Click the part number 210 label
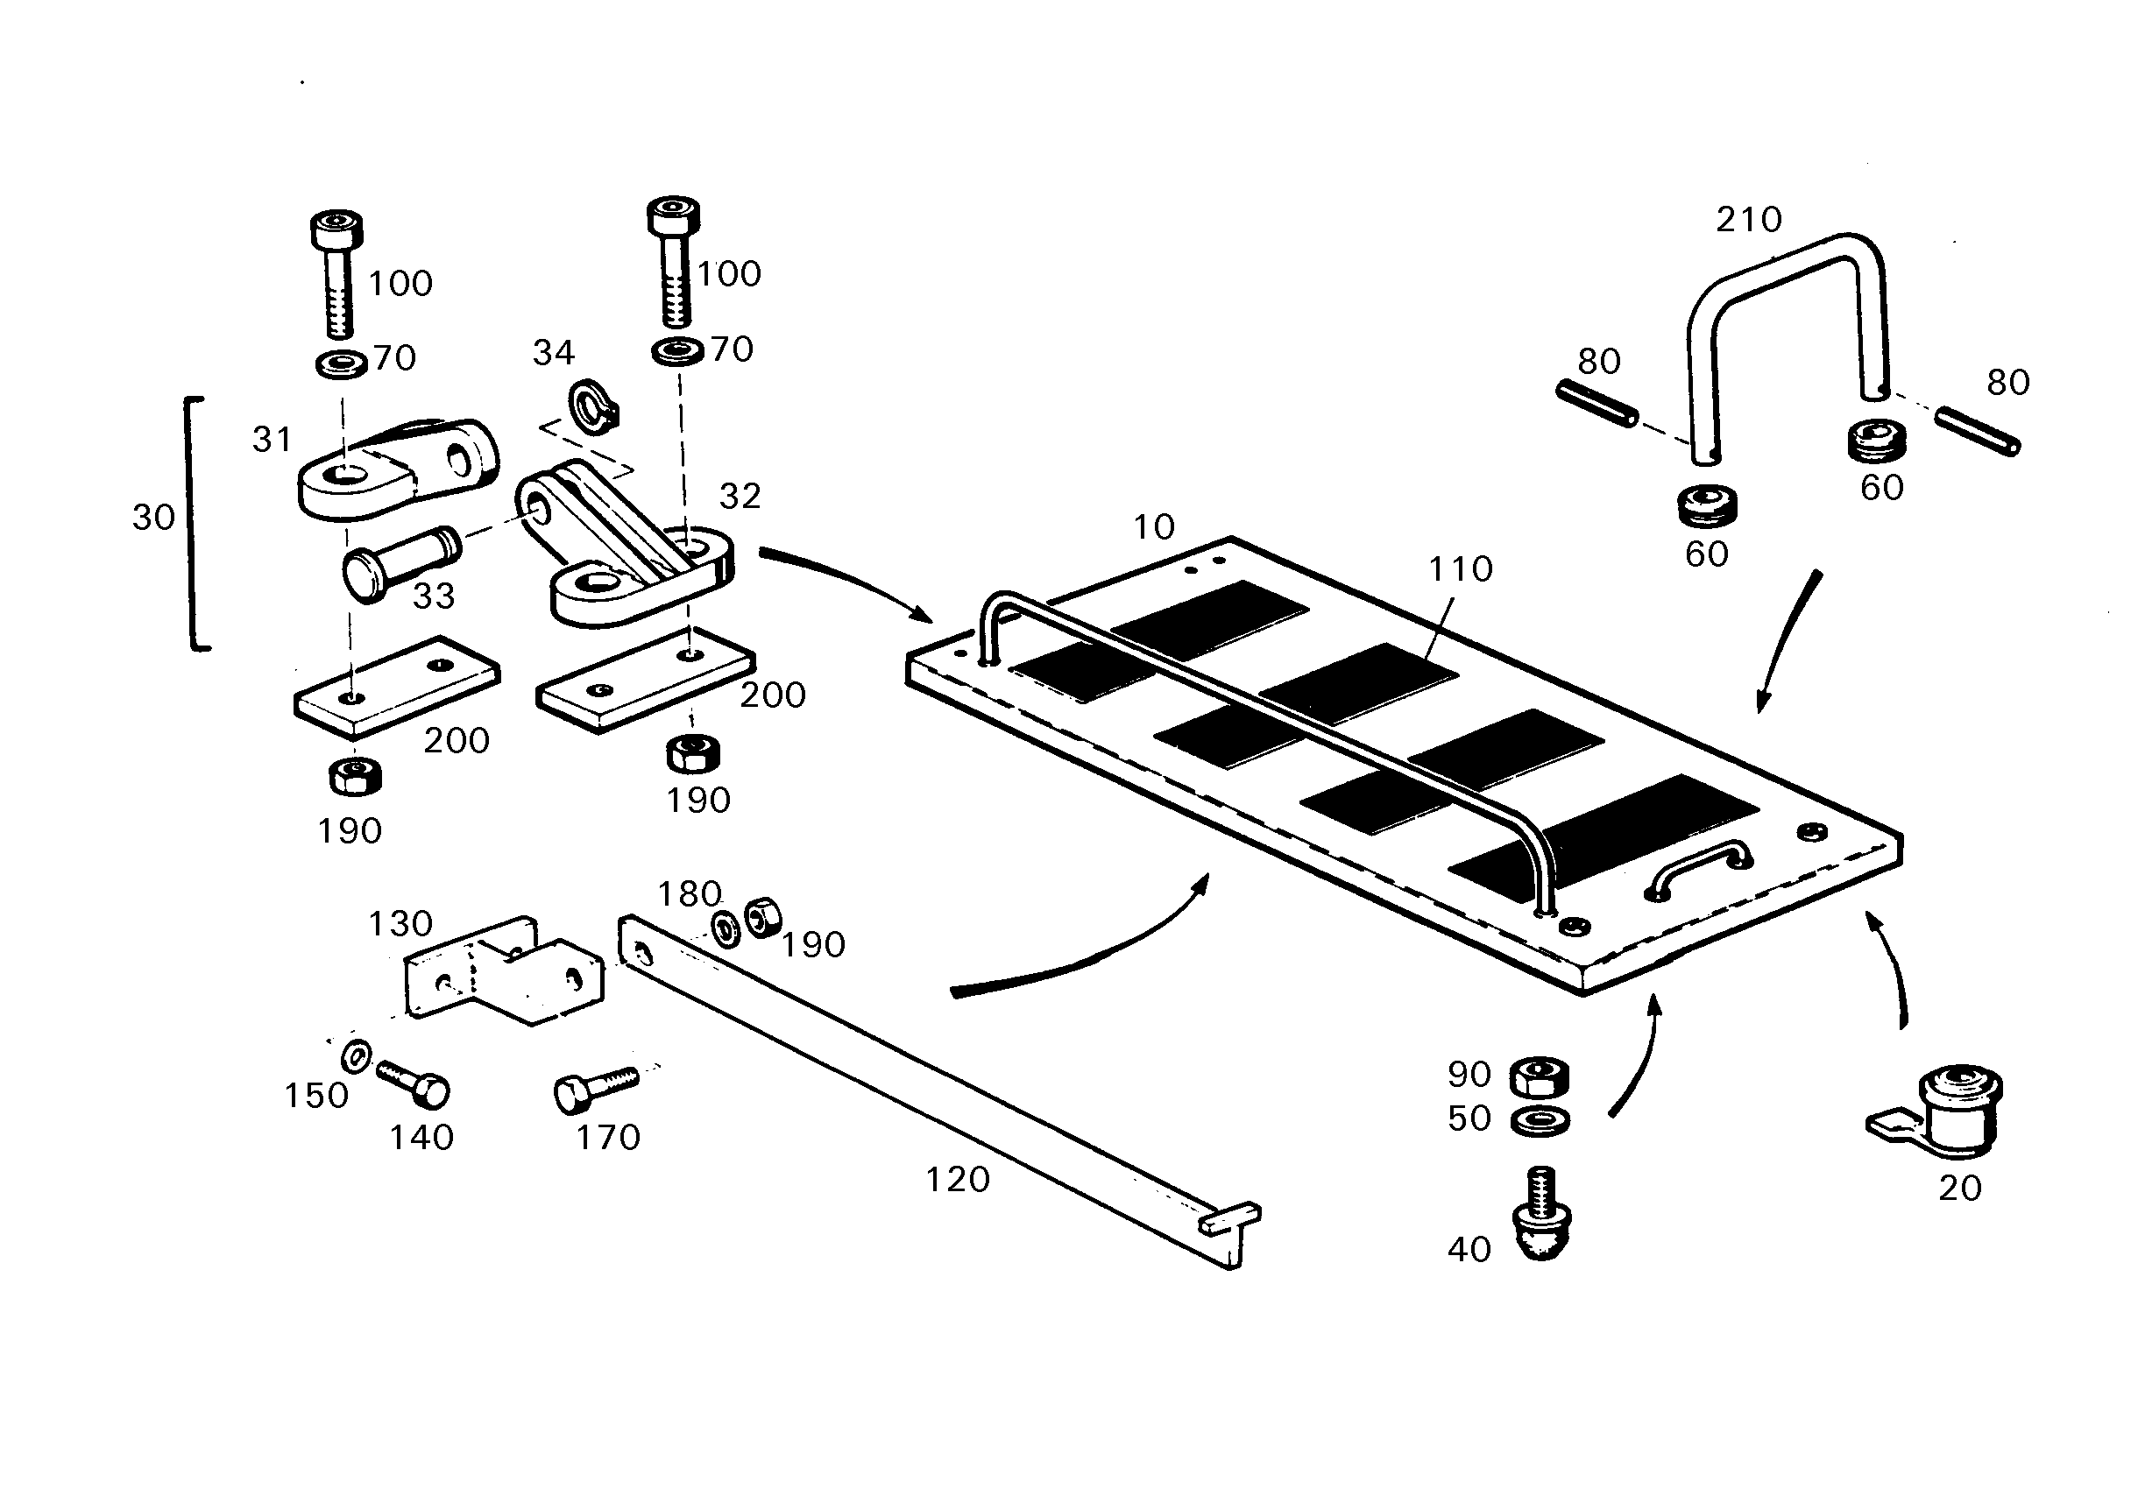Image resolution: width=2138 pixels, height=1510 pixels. [x=1749, y=220]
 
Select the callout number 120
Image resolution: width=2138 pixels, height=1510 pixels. [x=957, y=1181]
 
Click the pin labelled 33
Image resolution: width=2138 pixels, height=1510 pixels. [x=401, y=564]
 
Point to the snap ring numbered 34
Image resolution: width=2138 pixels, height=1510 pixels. [x=593, y=406]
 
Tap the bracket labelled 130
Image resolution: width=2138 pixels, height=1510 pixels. [x=504, y=971]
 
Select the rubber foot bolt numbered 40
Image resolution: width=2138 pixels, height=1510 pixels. [x=1542, y=1214]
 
